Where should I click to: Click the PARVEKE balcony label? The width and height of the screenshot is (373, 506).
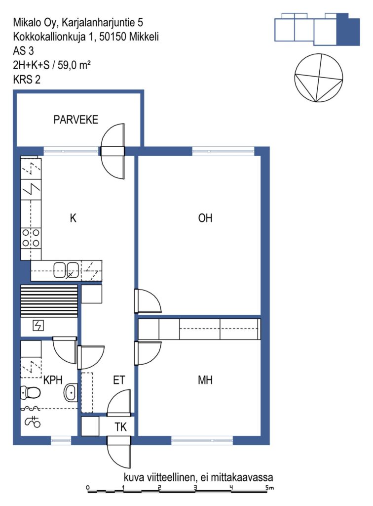click(x=75, y=120)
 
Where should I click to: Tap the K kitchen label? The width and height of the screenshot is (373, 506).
click(x=73, y=218)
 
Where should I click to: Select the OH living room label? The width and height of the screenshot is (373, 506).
click(x=205, y=218)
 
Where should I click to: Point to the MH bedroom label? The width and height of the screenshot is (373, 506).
click(x=205, y=380)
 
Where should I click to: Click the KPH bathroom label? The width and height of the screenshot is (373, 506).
click(x=53, y=380)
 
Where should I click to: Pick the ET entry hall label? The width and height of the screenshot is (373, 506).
click(x=119, y=380)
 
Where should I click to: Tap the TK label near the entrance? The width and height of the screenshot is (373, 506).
click(x=121, y=427)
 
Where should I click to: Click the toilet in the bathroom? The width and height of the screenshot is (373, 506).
click(x=31, y=393)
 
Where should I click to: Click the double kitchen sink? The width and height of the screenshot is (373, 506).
click(x=66, y=270)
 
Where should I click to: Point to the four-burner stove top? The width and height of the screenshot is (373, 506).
click(x=31, y=238)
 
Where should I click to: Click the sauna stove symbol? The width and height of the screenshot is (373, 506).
click(x=38, y=326)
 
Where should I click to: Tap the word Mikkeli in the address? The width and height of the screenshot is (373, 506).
click(x=144, y=37)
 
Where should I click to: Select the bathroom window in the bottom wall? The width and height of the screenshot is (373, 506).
click(x=61, y=440)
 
